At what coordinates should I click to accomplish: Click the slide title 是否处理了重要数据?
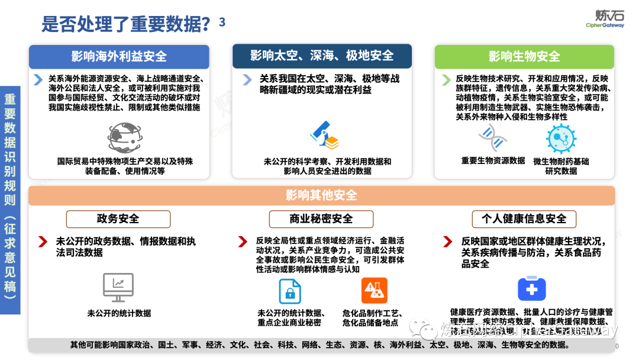126,24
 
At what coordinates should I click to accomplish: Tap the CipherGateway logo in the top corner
604,18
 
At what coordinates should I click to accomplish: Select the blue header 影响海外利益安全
119,57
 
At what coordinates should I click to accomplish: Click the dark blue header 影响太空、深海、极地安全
321,56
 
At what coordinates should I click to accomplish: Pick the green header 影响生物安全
524,57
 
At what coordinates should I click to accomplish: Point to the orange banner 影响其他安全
321,195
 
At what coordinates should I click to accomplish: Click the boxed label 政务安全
118,219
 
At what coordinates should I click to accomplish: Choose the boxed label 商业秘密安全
321,219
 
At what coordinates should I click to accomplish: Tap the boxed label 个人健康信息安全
524,219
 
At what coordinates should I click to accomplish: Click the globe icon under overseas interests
124,137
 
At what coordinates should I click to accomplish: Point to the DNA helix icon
493,138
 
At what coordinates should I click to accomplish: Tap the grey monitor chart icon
118,288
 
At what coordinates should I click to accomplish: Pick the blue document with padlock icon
290,291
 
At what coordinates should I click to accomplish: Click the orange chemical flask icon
374,291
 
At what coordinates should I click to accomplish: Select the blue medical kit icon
531,289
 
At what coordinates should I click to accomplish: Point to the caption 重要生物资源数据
493,160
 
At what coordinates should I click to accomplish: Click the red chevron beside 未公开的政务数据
43,242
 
